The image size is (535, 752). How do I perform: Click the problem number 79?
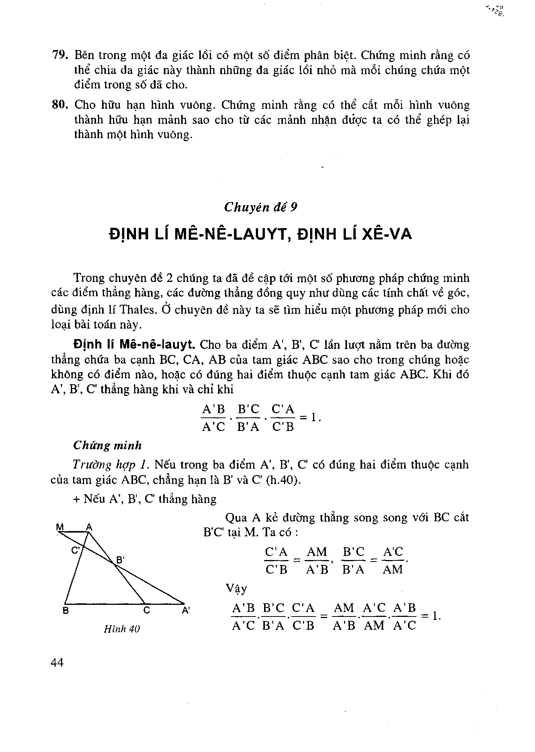[59, 55]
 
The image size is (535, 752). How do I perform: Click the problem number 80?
[59, 105]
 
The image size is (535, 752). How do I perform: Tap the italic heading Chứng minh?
[107, 446]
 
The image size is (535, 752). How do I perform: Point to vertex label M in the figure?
[59, 527]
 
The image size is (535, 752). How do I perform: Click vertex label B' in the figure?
[120, 560]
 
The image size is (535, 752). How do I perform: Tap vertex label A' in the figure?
[186, 611]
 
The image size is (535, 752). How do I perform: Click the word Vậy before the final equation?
[236, 588]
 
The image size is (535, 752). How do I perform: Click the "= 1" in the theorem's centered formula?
[310, 417]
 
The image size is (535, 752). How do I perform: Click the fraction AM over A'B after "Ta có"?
[317, 560]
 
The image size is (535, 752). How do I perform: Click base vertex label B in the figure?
[66, 611]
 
